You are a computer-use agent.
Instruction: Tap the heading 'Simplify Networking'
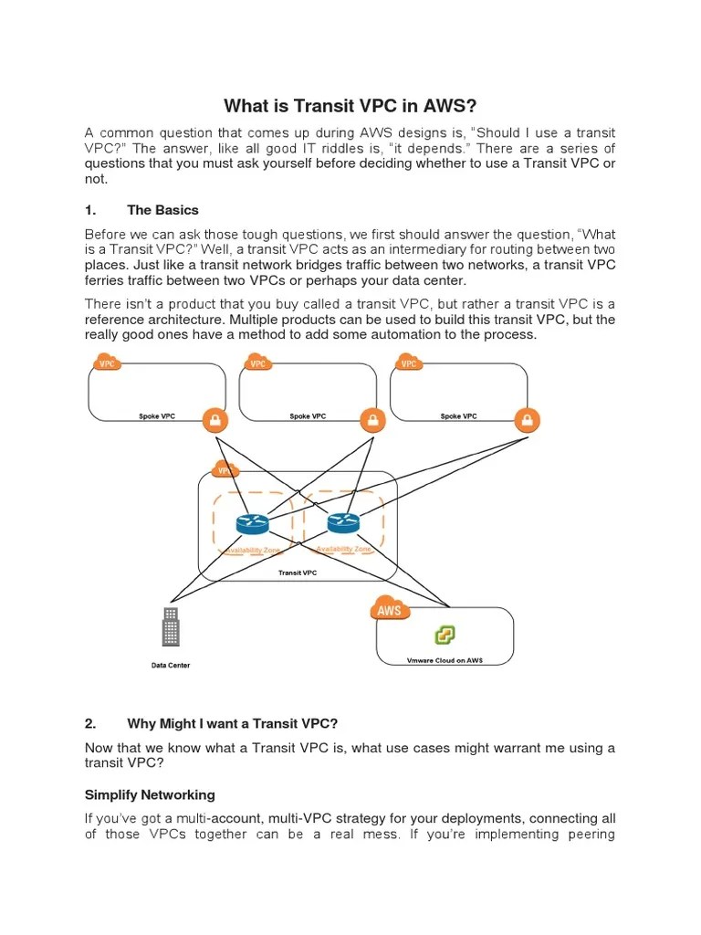click(150, 794)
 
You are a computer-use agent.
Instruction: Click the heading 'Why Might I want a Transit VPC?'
click(232, 723)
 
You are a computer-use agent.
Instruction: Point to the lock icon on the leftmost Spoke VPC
click(214, 420)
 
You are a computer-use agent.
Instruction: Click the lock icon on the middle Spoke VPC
click(371, 420)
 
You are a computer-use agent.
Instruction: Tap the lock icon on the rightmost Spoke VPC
click(527, 420)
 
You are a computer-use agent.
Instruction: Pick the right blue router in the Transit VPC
click(343, 522)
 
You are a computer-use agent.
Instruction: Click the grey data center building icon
click(170, 626)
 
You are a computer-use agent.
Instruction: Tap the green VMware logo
click(445, 636)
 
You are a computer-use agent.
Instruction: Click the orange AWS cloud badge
click(391, 610)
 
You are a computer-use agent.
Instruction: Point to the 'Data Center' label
click(171, 666)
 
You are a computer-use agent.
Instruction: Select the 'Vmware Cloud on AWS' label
click(445, 660)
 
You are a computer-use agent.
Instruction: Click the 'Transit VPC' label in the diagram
click(298, 573)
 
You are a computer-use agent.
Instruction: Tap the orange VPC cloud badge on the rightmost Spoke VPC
click(409, 362)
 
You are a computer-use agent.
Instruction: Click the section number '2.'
click(90, 723)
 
